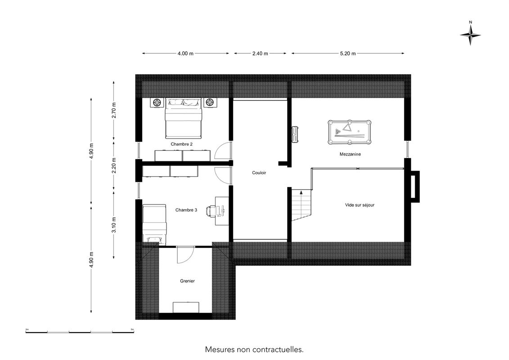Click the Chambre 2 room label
point(181,144)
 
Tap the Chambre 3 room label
point(186,210)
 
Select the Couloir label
point(259,173)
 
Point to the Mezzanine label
point(350,154)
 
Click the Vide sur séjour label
point(360,205)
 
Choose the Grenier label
point(187,281)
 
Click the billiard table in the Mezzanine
point(349,132)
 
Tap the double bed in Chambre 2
point(184,118)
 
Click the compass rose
point(470,35)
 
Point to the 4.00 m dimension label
point(185,54)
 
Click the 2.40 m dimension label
point(260,54)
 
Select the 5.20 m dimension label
point(348,54)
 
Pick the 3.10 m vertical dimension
point(113,225)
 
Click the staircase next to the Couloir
point(302,205)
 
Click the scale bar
point(80,332)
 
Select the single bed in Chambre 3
point(154,224)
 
